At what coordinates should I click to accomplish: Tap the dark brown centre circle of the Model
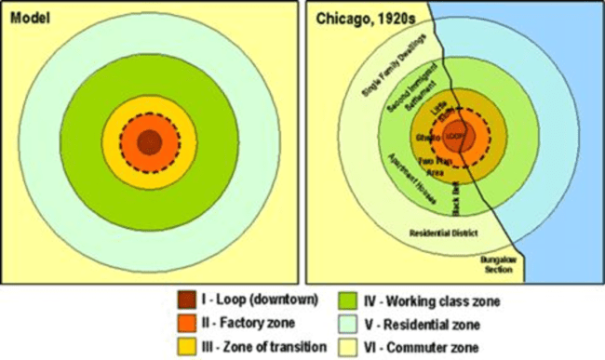149,143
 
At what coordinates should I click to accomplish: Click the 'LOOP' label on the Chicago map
455,138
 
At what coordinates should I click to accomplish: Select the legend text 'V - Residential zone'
420,323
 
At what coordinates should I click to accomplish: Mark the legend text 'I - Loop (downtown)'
260,300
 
